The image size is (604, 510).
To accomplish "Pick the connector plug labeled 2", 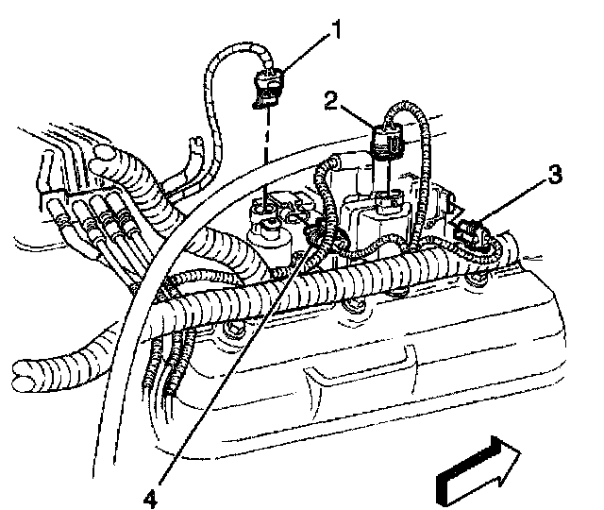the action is click(x=386, y=139).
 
